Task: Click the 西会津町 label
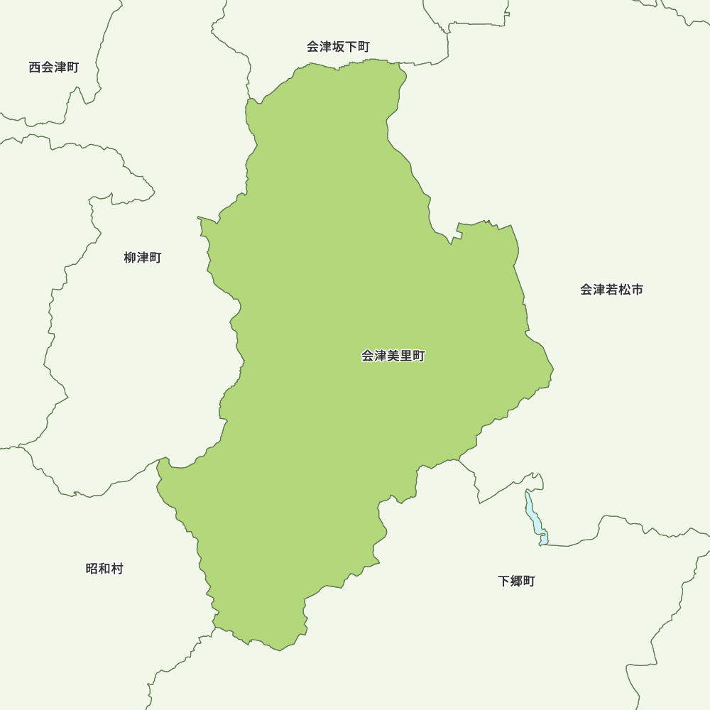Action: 54,67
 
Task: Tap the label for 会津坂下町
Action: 338,47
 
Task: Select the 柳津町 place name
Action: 143,258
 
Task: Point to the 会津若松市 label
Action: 611,290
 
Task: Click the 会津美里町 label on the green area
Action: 393,356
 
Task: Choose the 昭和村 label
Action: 104,569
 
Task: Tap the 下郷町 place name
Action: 516,581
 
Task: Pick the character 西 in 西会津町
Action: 35,67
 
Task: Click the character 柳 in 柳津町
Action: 130,258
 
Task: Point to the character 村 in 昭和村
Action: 117,569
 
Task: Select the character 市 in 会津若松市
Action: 637,290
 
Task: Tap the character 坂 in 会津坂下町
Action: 338,47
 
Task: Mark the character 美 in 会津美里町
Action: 393,356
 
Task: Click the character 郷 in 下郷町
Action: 516,581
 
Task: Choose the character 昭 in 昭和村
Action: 92,569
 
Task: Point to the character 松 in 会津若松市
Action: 624,290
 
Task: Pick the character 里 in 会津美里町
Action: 405,356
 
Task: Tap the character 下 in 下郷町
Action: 503,581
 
